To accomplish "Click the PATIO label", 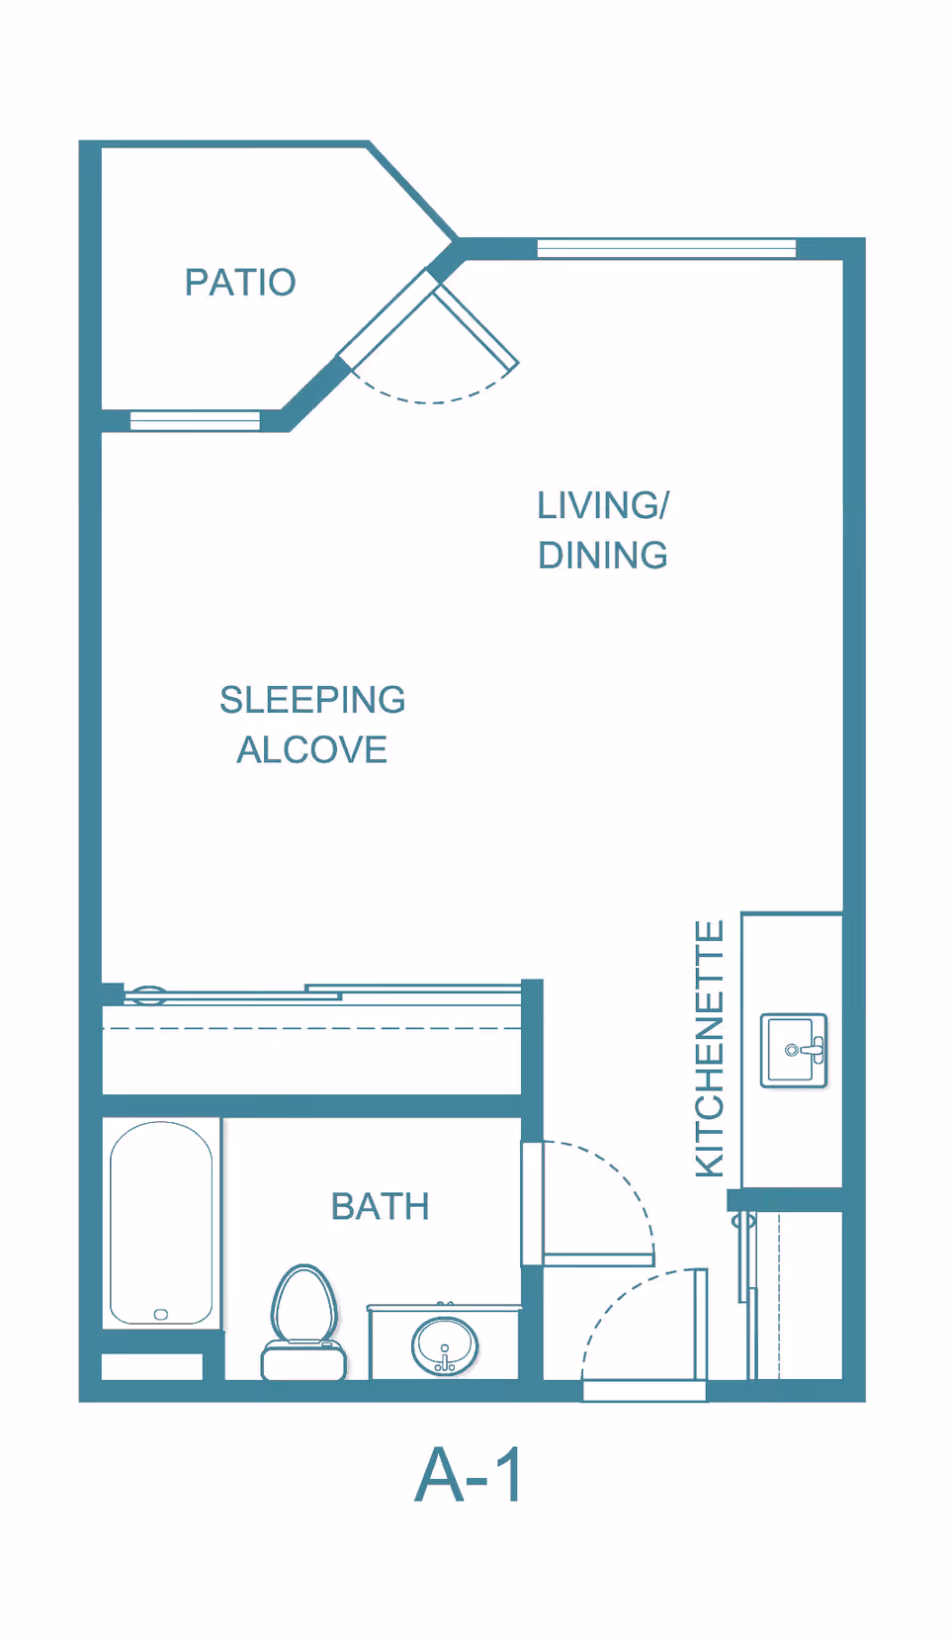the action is pos(240,283).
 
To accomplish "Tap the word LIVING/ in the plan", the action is pos(603,505).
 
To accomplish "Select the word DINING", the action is pos(603,556).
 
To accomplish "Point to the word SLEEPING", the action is pos(312,700).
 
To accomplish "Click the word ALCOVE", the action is pos(311,749).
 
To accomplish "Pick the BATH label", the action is pos(380,1207).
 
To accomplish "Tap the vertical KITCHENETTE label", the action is pos(709,1050).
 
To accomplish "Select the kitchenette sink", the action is pos(794,1050).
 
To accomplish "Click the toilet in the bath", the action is pos(303,1322).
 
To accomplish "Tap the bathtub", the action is pos(161,1223).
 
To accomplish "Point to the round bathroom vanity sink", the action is pos(445,1346).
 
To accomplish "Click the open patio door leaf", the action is pos(476,325).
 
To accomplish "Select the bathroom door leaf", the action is pos(598,1259).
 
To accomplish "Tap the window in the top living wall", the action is pos(666,248).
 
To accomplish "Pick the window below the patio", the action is pos(195,420).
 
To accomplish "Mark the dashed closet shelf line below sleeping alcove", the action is pos(311,1029).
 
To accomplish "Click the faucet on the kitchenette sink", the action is pos(812,1050).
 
